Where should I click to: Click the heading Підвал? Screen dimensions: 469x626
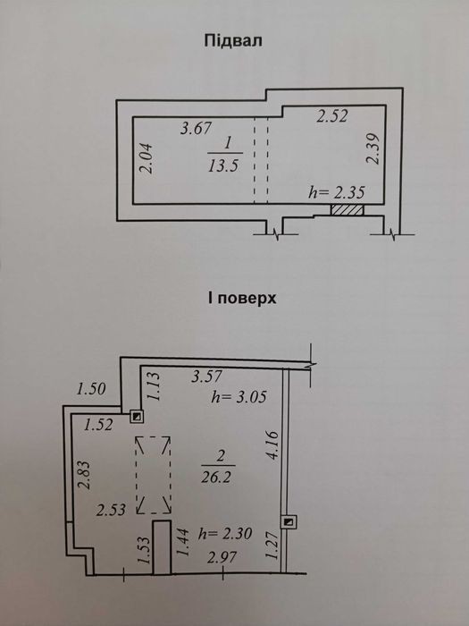click(x=233, y=41)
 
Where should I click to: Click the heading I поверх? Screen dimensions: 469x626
click(x=242, y=298)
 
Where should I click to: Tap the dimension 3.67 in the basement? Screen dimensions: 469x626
click(x=196, y=129)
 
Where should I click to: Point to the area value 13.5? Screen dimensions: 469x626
click(x=223, y=165)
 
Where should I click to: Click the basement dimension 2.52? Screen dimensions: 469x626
click(x=332, y=115)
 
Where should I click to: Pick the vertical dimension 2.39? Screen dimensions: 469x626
click(x=373, y=148)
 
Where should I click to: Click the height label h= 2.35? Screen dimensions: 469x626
click(x=337, y=193)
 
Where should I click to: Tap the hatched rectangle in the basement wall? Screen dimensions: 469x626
click(x=347, y=210)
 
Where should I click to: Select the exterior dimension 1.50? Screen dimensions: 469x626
click(x=91, y=389)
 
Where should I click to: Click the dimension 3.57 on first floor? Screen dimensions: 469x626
click(x=206, y=376)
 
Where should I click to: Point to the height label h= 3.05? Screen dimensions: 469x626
click(x=239, y=397)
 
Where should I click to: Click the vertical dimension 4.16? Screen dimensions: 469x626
click(x=272, y=444)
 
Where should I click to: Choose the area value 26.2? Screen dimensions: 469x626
click(x=219, y=478)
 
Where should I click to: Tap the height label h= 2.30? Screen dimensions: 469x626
click(x=225, y=533)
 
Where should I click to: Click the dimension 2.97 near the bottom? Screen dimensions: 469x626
click(x=222, y=557)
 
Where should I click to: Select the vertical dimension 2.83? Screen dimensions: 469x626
click(x=84, y=475)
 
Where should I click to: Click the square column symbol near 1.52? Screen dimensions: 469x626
click(x=137, y=417)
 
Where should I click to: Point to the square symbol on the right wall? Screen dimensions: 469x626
click(x=289, y=521)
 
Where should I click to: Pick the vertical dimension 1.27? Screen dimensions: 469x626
click(x=272, y=546)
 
